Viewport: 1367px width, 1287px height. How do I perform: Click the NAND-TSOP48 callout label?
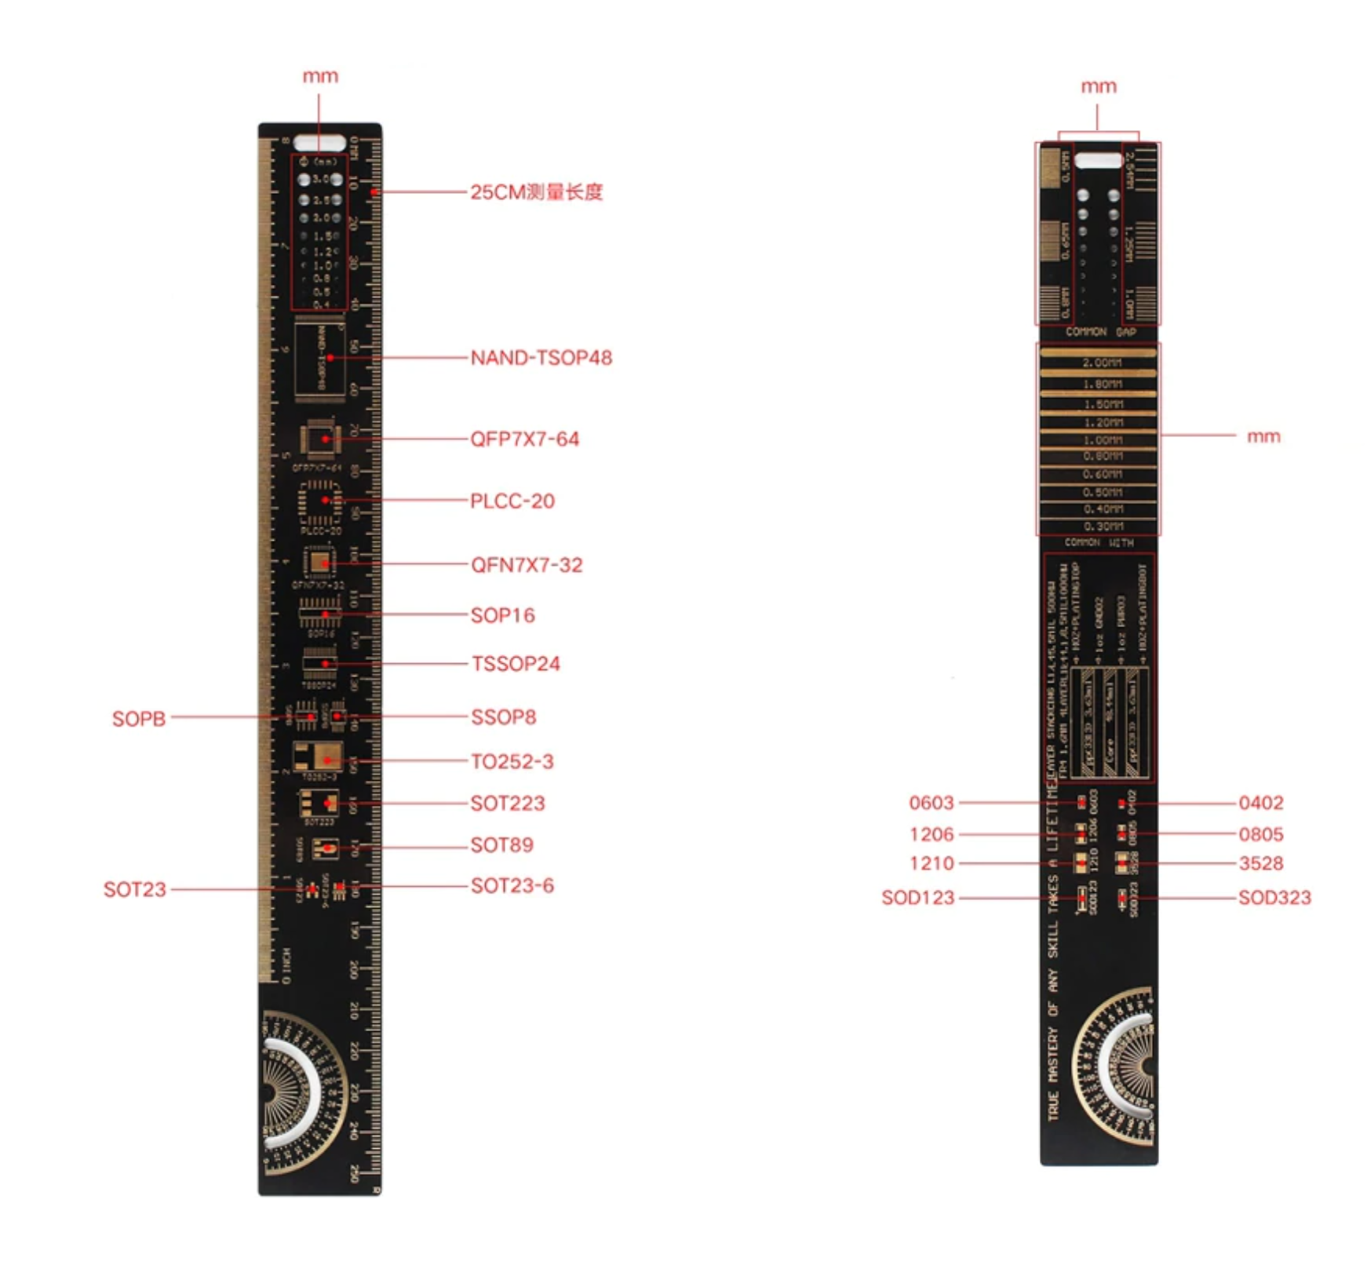pos(541,358)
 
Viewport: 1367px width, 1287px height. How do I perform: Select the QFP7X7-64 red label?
pos(524,439)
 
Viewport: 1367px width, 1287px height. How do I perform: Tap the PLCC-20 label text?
pos(512,501)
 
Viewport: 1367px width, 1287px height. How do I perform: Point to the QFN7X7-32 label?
pos(527,565)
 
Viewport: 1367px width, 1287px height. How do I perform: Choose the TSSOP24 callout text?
pos(516,664)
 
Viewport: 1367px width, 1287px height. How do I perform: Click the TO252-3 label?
pos(512,761)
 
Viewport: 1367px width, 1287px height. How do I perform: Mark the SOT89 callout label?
pos(501,845)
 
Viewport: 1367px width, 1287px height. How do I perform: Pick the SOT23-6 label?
pos(512,886)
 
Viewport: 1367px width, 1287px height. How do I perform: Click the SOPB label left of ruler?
pos(139,719)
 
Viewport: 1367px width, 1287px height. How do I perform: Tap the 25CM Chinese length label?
pos(536,192)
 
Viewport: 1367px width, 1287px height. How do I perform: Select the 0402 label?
pos(1260,803)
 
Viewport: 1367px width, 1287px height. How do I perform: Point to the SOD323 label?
pos(1274,897)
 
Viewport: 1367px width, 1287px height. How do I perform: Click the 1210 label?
pos(931,863)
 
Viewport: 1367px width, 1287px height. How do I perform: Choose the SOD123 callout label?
pos(917,897)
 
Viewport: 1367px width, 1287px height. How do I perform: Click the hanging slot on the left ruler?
pos(319,144)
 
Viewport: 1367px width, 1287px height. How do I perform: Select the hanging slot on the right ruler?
pos(1098,161)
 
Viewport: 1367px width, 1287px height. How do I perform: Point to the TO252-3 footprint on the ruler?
pos(319,757)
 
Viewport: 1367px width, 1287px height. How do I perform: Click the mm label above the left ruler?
pos(320,76)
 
